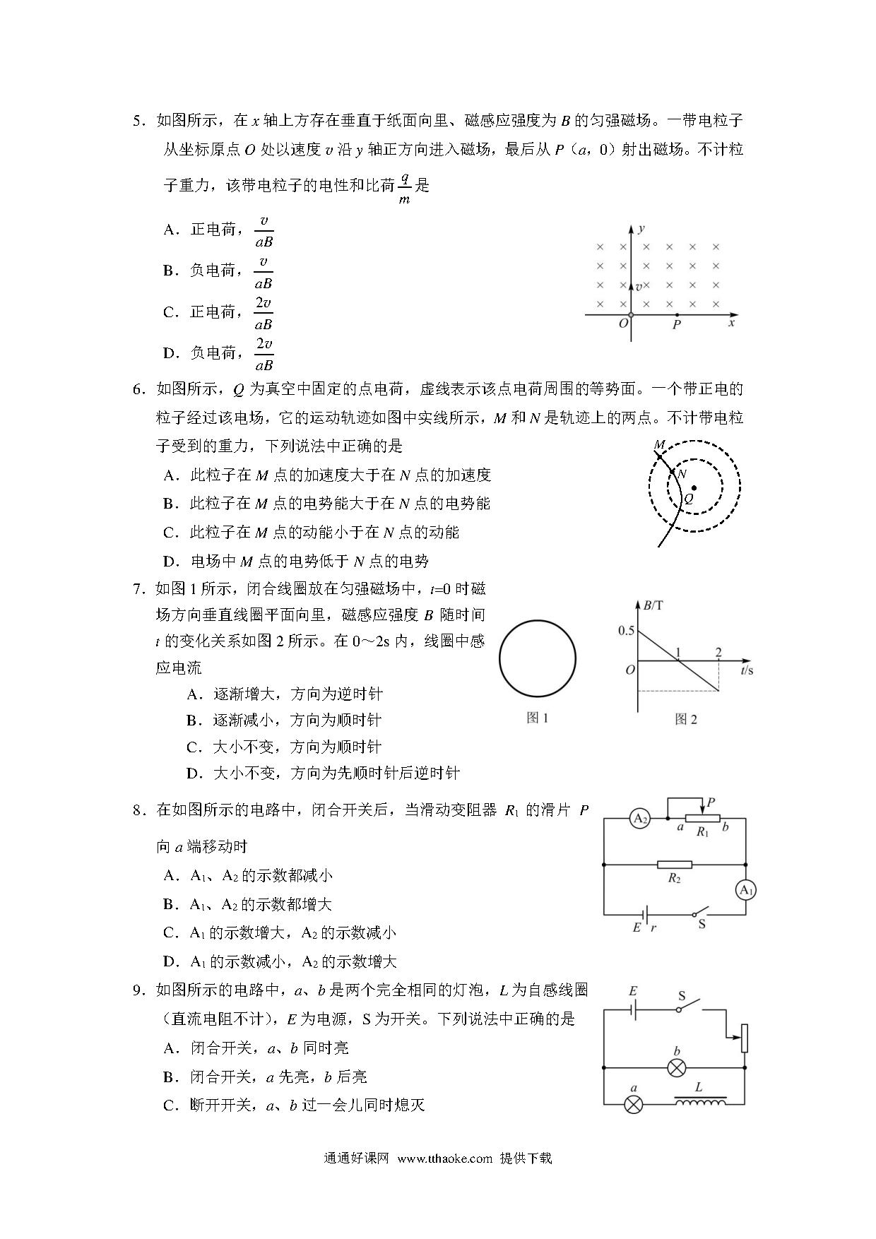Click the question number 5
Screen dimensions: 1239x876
(138, 121)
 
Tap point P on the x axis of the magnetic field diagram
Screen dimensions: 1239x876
(677, 315)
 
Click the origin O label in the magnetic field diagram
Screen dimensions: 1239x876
(622, 324)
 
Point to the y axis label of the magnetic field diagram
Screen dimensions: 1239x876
(641, 228)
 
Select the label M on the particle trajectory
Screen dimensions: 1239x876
(659, 445)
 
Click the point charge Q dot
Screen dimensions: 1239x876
(694, 487)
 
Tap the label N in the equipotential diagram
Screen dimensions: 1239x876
(682, 474)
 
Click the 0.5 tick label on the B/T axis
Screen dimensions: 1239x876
(626, 631)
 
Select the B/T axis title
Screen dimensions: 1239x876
(653, 605)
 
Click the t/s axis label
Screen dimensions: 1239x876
(747, 670)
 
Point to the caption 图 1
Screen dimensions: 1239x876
(537, 718)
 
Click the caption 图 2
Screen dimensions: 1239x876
(685, 719)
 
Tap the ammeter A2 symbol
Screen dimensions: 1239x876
(640, 819)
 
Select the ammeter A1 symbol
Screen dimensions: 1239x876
(746, 891)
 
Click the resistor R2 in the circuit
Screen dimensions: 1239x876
(675, 865)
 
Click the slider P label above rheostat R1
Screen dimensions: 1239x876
(711, 802)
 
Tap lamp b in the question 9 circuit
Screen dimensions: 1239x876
(677, 1068)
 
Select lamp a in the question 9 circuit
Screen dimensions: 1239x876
(634, 1105)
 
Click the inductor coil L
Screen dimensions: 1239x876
(699, 1102)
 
